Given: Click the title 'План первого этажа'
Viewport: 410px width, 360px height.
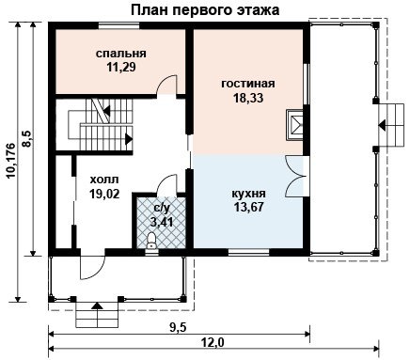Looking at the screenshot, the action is click(x=205, y=10).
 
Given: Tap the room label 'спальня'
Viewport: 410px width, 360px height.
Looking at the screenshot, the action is click(x=121, y=54).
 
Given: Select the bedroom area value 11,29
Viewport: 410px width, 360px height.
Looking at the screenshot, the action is click(x=121, y=67).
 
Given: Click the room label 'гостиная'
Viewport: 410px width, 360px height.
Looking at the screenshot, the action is click(x=248, y=84).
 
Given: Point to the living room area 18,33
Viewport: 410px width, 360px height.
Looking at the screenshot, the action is click(x=248, y=98).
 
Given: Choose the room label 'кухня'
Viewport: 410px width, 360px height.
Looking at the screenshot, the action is click(x=248, y=194).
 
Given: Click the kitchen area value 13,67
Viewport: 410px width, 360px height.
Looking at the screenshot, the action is click(x=248, y=207).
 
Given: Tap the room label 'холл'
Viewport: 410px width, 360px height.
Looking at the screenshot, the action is click(x=104, y=180).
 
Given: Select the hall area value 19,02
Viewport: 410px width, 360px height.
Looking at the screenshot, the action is click(x=104, y=194).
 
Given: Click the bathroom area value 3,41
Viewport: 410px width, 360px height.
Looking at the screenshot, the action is click(x=162, y=222).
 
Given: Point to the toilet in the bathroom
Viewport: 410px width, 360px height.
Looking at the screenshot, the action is click(x=151, y=241).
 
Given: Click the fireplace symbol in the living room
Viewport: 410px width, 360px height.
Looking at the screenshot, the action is click(x=294, y=125).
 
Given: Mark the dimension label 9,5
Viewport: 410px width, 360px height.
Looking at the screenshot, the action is click(x=178, y=328).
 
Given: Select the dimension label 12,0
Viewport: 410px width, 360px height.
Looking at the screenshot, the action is click(x=214, y=342).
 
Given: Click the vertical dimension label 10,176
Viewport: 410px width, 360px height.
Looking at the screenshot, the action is click(x=12, y=161).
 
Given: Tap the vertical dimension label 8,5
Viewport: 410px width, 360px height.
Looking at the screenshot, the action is click(x=27, y=138).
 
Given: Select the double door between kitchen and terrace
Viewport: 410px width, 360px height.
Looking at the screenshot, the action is click(x=294, y=177).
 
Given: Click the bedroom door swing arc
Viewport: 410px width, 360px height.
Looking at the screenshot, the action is click(x=166, y=84).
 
